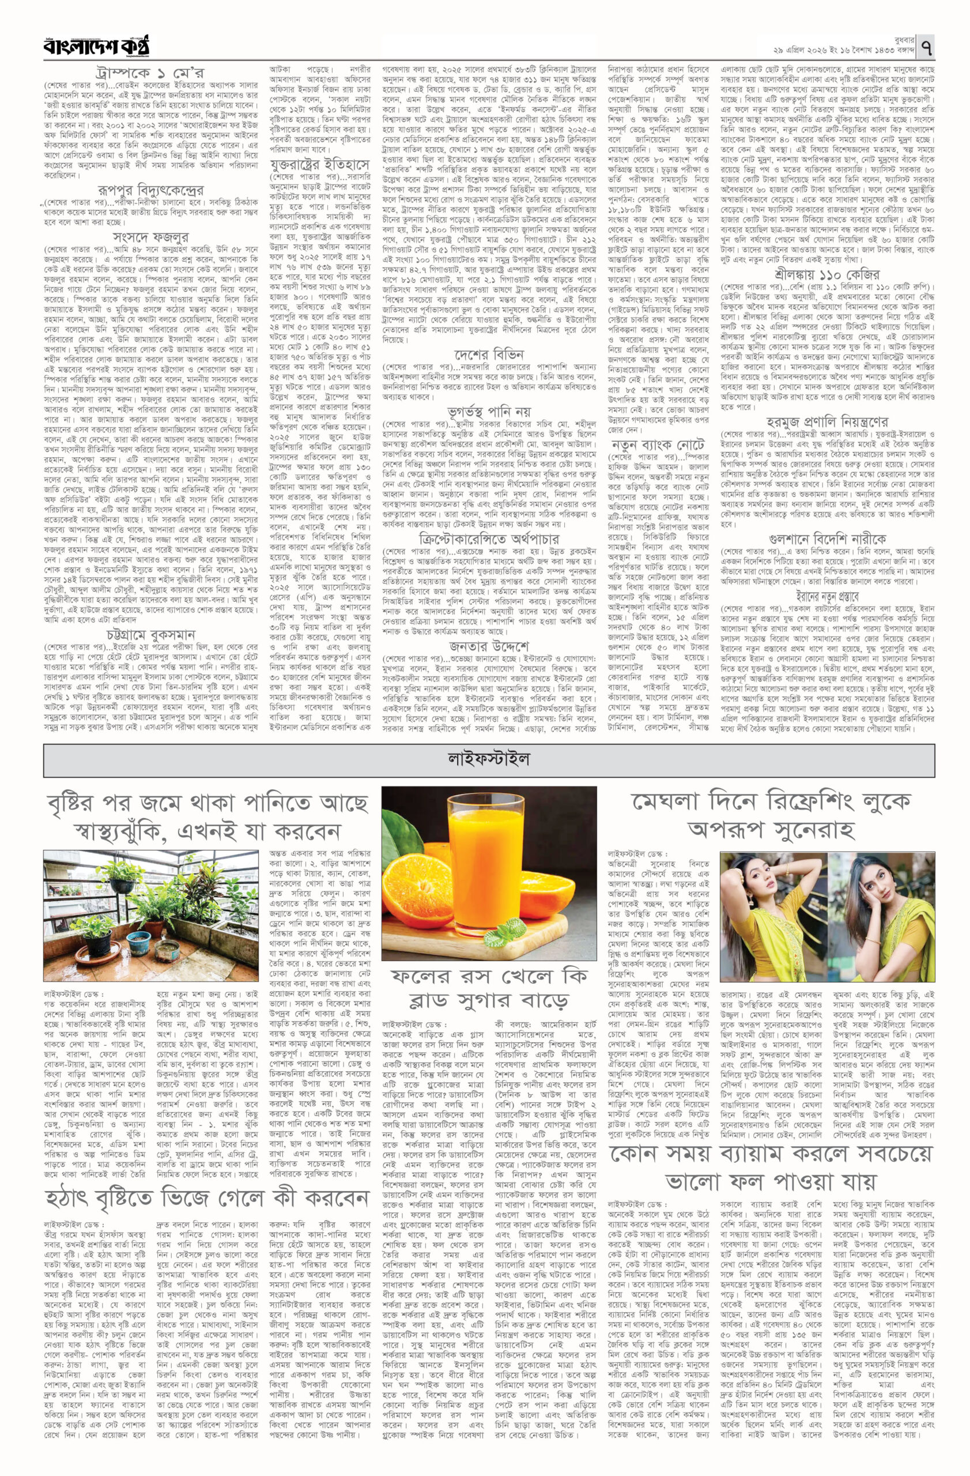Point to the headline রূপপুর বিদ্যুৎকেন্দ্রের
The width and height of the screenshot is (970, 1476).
(150, 190)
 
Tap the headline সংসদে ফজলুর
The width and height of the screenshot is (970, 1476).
(150, 237)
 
